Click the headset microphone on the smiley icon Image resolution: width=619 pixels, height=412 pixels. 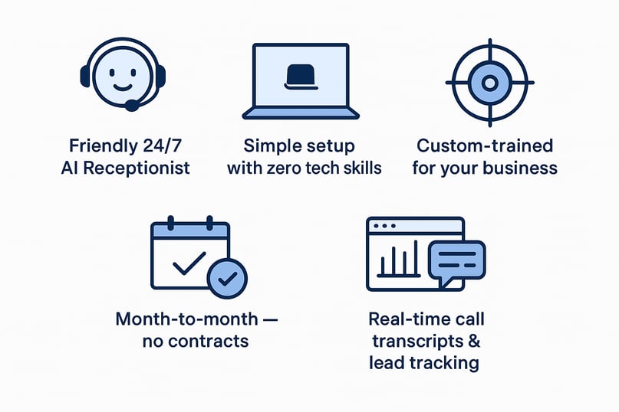pyautogui.click(x=132, y=105)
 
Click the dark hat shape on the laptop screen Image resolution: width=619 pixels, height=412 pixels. pyautogui.click(x=301, y=77)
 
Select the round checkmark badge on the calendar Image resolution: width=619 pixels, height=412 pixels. pyautogui.click(x=228, y=279)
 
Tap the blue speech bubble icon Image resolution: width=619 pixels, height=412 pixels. pyautogui.click(x=457, y=260)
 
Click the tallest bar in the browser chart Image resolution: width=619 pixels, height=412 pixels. pyautogui.click(x=415, y=257)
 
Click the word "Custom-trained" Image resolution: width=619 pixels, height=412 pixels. pyautogui.click(x=485, y=146)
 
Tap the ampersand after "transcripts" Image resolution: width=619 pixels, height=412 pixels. pyautogui.click(x=473, y=341)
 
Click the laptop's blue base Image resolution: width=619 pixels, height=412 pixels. pyautogui.click(x=301, y=113)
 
